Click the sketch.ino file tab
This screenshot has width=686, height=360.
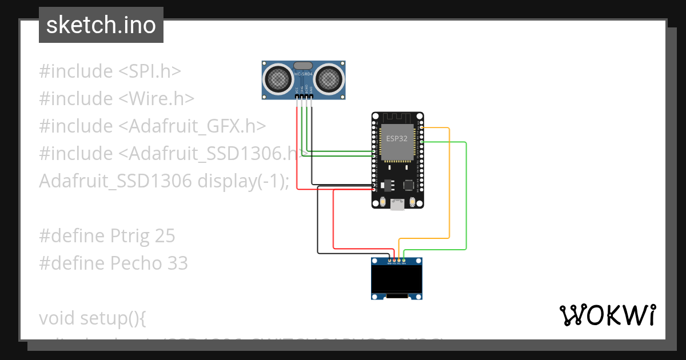click(x=101, y=25)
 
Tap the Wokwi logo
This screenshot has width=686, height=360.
click(x=607, y=315)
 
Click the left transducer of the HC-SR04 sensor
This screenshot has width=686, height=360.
click(x=278, y=78)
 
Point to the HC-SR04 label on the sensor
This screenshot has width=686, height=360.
click(x=304, y=74)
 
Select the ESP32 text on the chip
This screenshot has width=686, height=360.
click(x=396, y=139)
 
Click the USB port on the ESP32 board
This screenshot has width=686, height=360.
click(x=397, y=205)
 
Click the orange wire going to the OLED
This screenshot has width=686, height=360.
click(x=449, y=183)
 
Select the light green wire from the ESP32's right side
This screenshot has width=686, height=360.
click(x=466, y=194)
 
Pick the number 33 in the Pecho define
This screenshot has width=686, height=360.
click(x=178, y=263)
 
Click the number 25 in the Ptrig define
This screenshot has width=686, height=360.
click(x=165, y=236)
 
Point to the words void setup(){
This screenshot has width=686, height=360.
click(x=93, y=318)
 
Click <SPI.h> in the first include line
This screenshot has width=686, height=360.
click(x=150, y=71)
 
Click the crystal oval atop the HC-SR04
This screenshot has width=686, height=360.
click(x=304, y=66)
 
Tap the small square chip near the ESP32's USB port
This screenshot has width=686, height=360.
click(x=409, y=185)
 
